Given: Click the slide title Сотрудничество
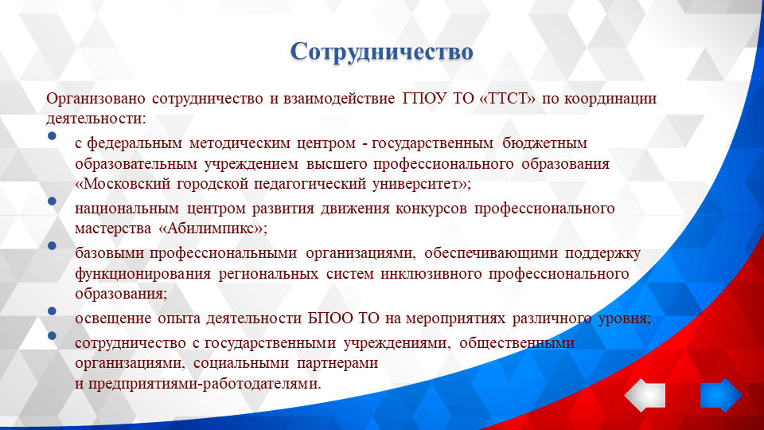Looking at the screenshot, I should [382, 51].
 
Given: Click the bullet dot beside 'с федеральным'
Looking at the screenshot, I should [52, 137].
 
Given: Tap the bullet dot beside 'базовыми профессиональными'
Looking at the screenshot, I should [52, 248].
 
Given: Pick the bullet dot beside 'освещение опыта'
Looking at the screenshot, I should [52, 311].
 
